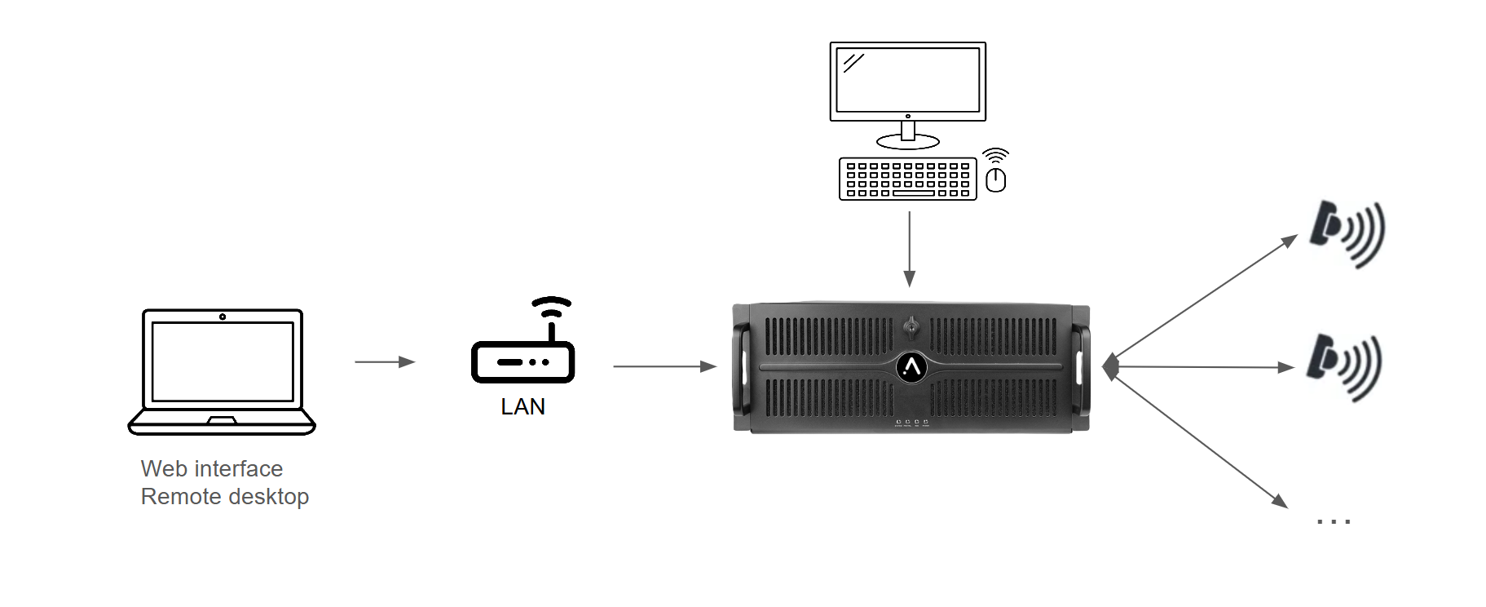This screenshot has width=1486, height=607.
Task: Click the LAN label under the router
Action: [523, 406]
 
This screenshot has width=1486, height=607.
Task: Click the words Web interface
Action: [212, 468]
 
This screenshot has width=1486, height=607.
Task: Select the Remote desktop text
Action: [225, 496]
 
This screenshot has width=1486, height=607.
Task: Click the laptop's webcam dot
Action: [223, 317]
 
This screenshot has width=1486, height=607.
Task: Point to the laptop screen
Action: [223, 361]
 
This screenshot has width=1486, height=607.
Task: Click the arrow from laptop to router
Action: [385, 361]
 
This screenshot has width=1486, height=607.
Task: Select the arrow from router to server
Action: [664, 366]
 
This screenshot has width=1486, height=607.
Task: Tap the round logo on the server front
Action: [911, 368]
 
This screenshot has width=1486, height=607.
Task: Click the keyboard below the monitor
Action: [907, 179]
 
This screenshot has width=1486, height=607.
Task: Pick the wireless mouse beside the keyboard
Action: [995, 179]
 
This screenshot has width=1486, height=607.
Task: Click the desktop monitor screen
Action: [907, 80]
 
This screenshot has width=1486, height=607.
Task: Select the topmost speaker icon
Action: [1347, 233]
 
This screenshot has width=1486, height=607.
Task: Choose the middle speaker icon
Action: [1344, 366]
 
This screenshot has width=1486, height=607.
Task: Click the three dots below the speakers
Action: [1334, 521]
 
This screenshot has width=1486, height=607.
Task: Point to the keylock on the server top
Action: [911, 327]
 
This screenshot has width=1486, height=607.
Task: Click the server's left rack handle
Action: [742, 367]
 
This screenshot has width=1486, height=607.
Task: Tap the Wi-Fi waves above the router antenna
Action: [552, 306]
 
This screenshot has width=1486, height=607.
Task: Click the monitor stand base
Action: [907, 143]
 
